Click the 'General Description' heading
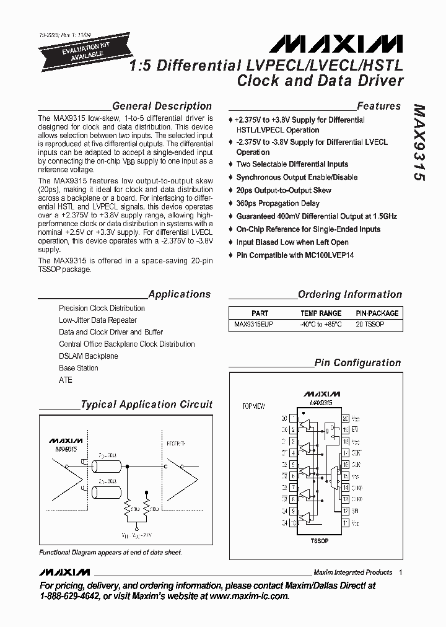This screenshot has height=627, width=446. [x=162, y=106]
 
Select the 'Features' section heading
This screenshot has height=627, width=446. [x=378, y=106]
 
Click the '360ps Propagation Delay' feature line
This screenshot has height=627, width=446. [x=278, y=203]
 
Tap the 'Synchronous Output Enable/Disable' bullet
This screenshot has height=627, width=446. [x=297, y=177]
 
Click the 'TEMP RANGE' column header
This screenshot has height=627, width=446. [x=321, y=313]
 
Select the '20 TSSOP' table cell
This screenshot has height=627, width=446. [x=370, y=325]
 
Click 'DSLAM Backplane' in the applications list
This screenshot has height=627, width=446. [x=88, y=356]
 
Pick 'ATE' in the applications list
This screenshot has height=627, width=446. [x=66, y=380]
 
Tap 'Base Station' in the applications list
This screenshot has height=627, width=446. [x=79, y=368]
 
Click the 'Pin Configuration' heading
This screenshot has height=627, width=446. [x=357, y=363]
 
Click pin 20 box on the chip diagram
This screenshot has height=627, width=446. [x=346, y=418]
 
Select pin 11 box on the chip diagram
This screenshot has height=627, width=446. [x=346, y=523]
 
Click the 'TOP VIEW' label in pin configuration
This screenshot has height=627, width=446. [x=253, y=406]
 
